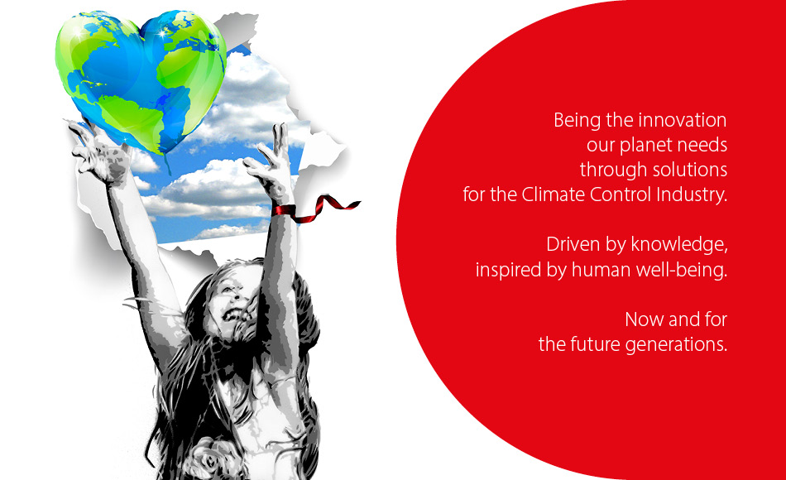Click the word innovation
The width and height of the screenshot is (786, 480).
point(683,120)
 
